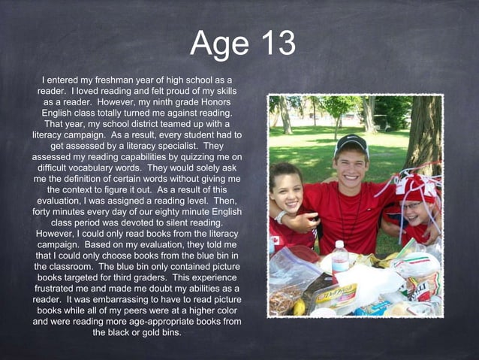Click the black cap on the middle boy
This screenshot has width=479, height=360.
pos(352,143)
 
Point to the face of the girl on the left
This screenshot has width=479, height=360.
pos(287,191)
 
